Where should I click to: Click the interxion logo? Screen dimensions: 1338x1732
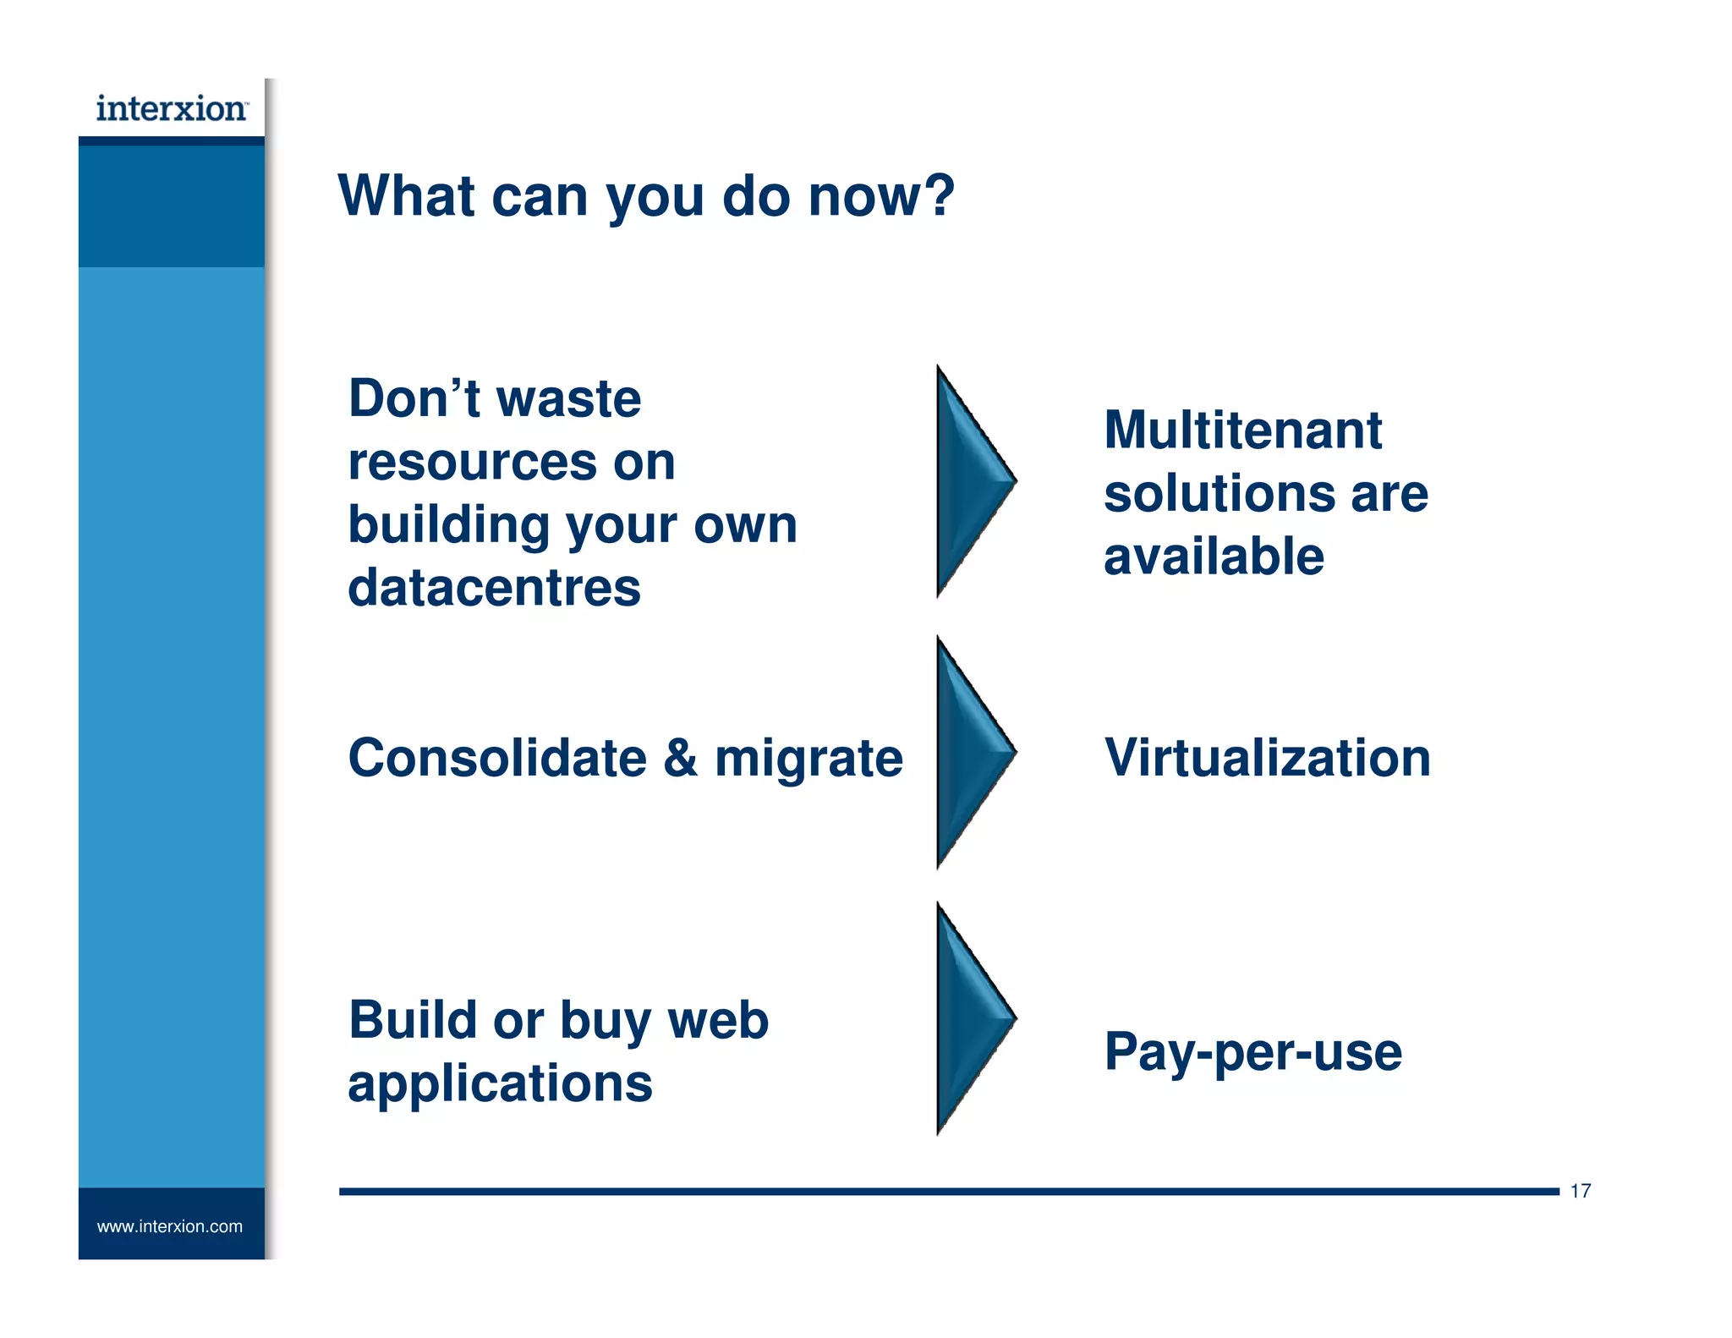pos(172,109)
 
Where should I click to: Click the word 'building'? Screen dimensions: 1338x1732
pos(448,525)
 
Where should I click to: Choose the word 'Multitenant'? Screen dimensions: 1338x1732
pos(1242,430)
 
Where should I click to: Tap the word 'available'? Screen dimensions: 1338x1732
pos(1214,557)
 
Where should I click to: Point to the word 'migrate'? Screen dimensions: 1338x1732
pos(808,759)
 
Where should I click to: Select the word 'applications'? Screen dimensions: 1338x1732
pos(500,1084)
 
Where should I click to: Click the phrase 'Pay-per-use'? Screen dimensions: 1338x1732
pos(1252,1052)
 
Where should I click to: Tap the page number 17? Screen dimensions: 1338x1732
pos(1580,1191)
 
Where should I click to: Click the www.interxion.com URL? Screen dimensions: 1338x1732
pos(170,1226)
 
